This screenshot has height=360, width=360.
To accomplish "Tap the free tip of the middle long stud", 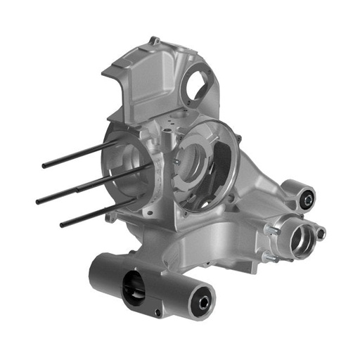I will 39,201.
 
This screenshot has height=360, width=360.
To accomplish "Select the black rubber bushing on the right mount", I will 307,200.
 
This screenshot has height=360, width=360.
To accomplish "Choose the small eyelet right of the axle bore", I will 321,232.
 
